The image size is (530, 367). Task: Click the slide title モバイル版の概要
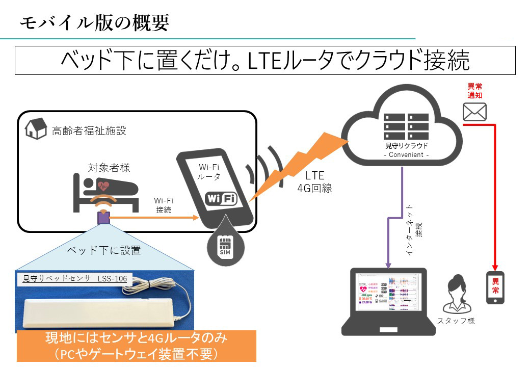(94, 22)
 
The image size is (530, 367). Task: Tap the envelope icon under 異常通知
(474, 112)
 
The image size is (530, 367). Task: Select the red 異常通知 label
(474, 91)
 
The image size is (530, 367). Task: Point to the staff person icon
(456, 295)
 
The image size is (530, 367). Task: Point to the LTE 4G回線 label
(314, 181)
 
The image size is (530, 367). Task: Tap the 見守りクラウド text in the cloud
(406, 146)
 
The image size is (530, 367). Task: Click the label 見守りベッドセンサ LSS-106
(75, 278)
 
